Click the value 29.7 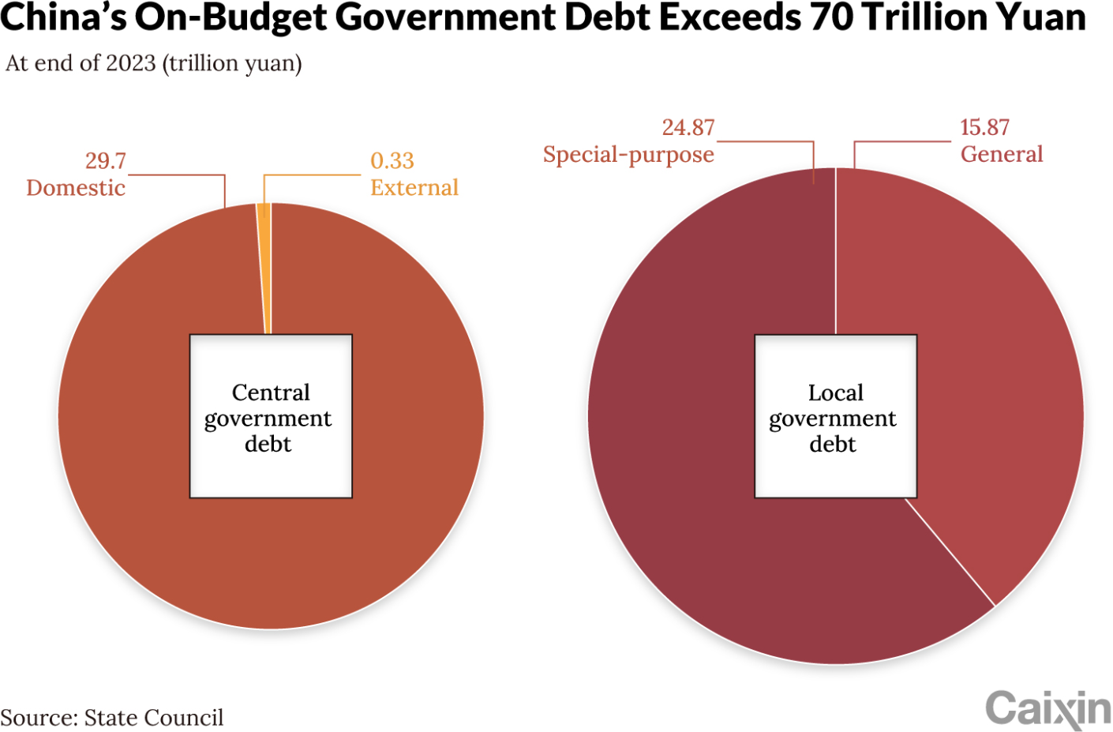pos(105,161)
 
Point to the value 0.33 pos(392,161)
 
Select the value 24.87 pos(688,128)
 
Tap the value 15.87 pos(984,128)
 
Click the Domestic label pos(76,188)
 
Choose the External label pos(414,188)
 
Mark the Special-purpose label pos(628,155)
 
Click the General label pos(1002,155)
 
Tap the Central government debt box pos(271,417)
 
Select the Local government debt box pos(835,417)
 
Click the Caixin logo pos(1047,708)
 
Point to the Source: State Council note pos(112,718)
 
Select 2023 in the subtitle pos(131,63)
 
